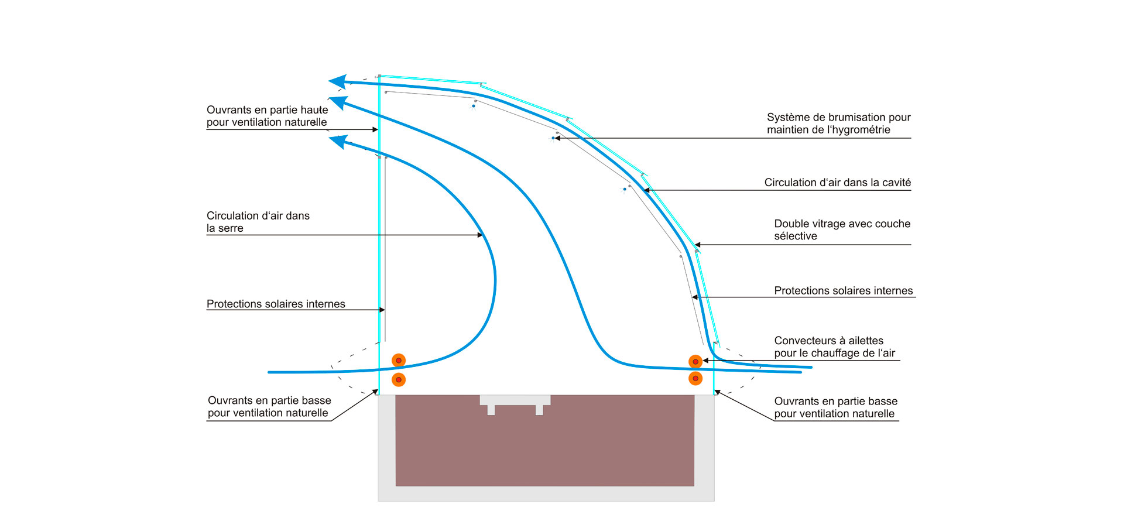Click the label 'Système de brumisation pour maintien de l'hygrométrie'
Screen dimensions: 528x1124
(838, 124)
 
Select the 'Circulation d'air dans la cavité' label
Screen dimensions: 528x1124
(837, 183)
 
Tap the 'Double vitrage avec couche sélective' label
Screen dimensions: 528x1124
(842, 229)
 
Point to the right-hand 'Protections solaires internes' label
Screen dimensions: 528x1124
(843, 291)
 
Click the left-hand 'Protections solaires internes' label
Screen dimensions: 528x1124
(276, 304)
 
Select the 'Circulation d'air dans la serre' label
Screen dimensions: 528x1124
(258, 222)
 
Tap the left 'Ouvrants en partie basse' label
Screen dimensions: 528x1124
(269, 406)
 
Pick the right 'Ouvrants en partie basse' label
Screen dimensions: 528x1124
(835, 407)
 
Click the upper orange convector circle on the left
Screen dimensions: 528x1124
(399, 361)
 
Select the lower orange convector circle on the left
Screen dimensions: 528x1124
(399, 380)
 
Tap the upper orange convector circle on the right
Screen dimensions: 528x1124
(695, 362)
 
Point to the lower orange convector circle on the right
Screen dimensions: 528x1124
(695, 378)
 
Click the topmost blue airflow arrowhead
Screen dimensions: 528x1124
(338, 81)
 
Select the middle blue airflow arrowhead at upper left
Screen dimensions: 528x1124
(339, 102)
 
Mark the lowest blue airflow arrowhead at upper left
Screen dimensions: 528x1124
(338, 141)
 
